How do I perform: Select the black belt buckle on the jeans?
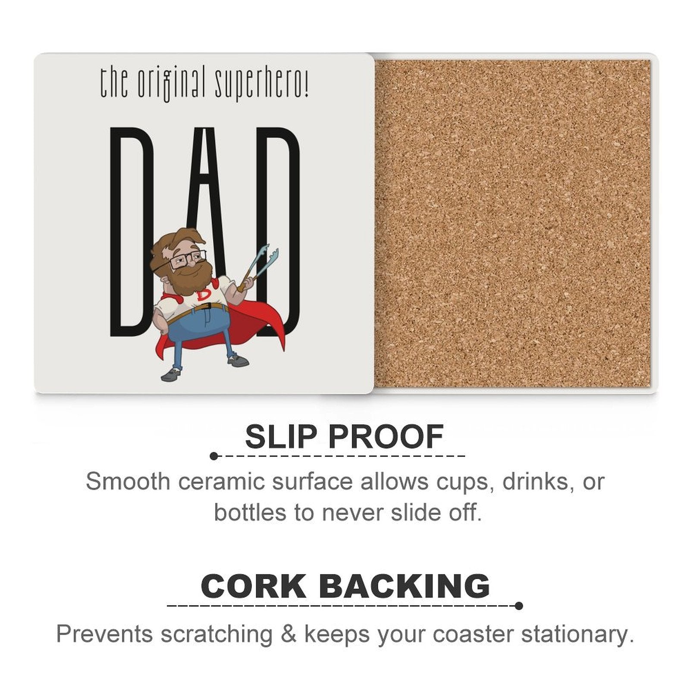(x=207, y=307)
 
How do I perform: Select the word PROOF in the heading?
(x=386, y=437)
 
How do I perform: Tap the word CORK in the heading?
(x=254, y=586)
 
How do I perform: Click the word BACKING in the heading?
(x=405, y=586)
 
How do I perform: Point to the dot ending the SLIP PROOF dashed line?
(x=214, y=456)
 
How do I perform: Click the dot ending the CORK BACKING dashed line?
(x=519, y=606)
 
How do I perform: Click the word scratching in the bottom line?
(x=217, y=634)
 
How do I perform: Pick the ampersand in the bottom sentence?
(x=289, y=634)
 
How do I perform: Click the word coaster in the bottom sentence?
(x=473, y=634)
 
